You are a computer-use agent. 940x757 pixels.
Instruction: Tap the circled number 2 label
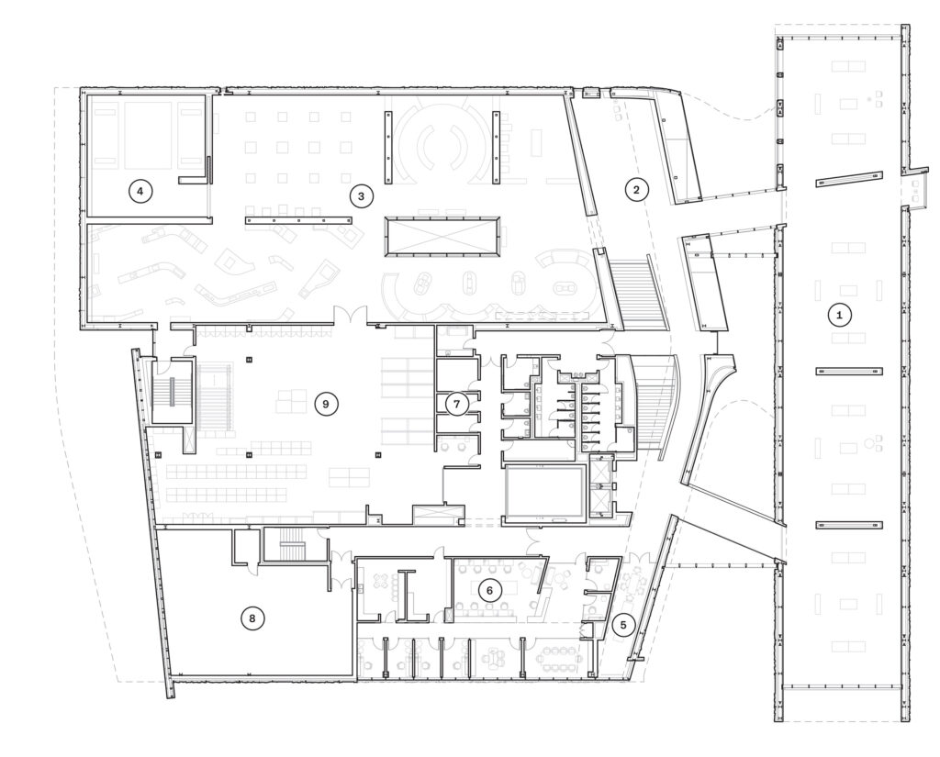pos(636,190)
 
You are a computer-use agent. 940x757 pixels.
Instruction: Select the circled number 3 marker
pos(360,195)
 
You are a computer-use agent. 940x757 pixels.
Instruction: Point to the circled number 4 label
pos(140,191)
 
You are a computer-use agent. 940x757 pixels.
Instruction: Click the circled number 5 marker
pos(623,625)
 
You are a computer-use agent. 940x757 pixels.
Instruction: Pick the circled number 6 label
pos(489,591)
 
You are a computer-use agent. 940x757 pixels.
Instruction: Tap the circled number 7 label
pos(457,404)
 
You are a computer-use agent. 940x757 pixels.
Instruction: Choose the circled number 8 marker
pos(252,618)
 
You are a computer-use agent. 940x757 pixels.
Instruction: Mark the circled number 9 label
pos(326,404)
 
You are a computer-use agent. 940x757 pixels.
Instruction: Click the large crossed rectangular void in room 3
pos(442,236)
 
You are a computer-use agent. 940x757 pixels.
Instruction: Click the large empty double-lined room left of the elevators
pos(545,492)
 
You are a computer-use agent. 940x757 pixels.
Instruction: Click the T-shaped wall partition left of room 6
pos(408,594)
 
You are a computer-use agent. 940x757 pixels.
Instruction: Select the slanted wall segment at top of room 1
pos(849,180)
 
